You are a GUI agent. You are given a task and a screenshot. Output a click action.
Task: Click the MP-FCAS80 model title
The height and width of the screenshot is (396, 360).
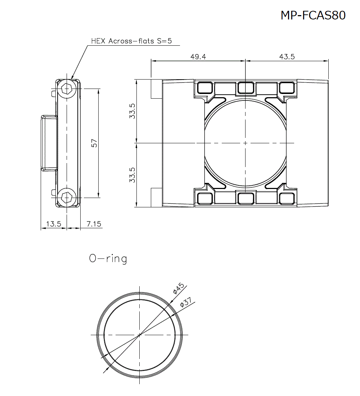pyautogui.click(x=313, y=15)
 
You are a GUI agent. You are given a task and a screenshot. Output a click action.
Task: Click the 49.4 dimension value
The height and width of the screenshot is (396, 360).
pyautogui.click(x=198, y=57)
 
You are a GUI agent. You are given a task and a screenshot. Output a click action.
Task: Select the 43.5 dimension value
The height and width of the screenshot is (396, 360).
pyautogui.click(x=287, y=57)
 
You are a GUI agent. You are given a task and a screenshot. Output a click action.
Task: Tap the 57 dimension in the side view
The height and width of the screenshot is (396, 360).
pyautogui.click(x=94, y=143)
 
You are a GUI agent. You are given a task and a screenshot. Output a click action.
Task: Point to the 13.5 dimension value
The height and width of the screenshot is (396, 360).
pyautogui.click(x=54, y=224)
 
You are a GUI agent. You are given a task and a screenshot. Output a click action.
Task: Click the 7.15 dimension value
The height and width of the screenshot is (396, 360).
pyautogui.click(x=94, y=224)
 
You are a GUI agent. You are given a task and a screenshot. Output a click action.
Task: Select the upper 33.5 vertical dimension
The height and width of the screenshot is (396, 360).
pyautogui.click(x=132, y=111)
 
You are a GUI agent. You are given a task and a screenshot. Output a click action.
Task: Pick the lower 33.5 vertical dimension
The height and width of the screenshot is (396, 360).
pyautogui.click(x=132, y=175)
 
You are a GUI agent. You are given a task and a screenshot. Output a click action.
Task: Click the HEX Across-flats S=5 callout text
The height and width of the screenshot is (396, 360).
pyautogui.click(x=131, y=41)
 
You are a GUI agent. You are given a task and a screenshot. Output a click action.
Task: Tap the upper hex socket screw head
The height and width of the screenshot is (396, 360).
pyautogui.click(x=67, y=88)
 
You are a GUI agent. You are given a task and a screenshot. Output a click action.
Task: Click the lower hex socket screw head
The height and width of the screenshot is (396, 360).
pyautogui.click(x=67, y=197)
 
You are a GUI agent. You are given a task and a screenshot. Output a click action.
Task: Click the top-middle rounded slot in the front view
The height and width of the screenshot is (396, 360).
pyautogui.click(x=245, y=87)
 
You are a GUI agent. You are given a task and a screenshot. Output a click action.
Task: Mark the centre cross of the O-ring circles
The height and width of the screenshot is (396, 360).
pyautogui.click(x=140, y=334)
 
